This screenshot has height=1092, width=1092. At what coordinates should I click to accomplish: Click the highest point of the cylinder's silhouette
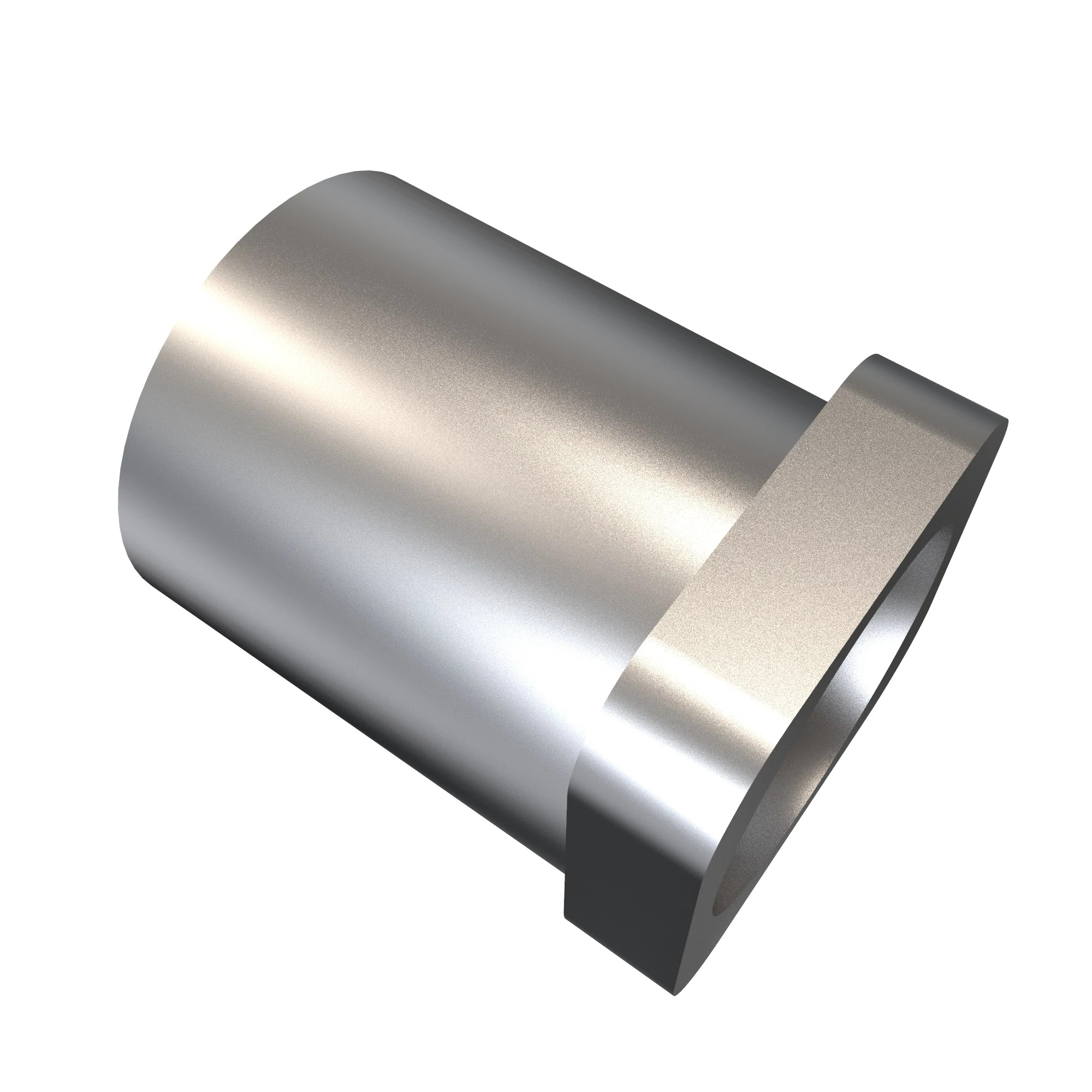tap(370, 170)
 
